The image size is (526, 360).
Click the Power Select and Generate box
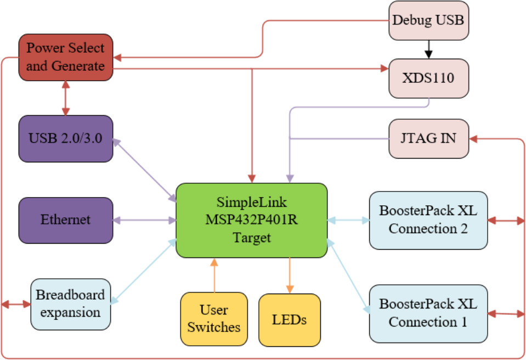coord(65,57)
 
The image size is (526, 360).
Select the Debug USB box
coord(428,21)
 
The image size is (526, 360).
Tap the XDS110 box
coord(428,77)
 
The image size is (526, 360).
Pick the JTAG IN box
coord(428,138)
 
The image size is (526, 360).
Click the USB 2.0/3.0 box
coord(65,138)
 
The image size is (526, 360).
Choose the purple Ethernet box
coord(65,220)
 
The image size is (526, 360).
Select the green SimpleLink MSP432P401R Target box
coord(251,220)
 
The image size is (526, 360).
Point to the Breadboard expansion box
coord(70,303)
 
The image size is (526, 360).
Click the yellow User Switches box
coord(214,319)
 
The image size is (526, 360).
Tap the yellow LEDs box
coord(289,319)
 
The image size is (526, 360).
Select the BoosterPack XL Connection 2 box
coord(428,220)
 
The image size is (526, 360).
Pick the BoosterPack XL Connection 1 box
coord(428,313)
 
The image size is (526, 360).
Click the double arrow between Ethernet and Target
coord(144,221)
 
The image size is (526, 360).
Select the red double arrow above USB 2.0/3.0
coord(66,98)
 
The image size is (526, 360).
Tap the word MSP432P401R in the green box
coord(251,220)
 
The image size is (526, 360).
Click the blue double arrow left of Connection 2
coord(348,220)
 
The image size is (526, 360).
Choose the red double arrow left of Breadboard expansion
coord(16,303)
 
